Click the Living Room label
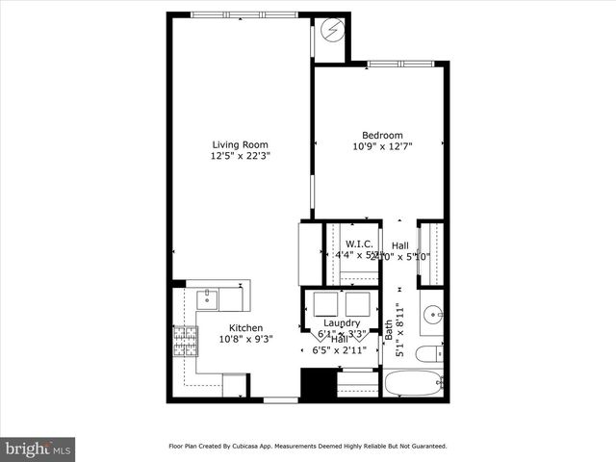[240, 144]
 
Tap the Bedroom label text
[382, 135]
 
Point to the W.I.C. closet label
[359, 244]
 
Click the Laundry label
[342, 322]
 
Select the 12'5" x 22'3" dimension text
[240, 156]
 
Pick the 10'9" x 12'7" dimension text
[382, 146]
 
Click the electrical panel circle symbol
[332, 30]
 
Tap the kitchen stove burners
[184, 341]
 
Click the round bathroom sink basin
[433, 314]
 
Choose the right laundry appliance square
[357, 304]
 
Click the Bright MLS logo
[38, 449]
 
